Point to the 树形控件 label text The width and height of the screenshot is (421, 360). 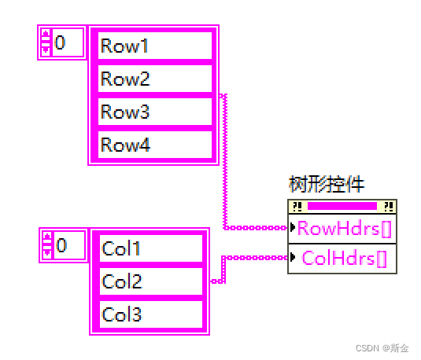[x=327, y=186]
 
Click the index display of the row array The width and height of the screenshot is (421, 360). [x=68, y=41]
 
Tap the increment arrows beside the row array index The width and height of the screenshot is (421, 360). [x=46, y=41]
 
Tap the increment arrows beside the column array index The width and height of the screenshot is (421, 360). [x=47, y=245]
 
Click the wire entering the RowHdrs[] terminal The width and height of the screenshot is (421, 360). [x=256, y=229]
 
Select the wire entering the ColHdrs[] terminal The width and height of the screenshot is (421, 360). [x=256, y=257]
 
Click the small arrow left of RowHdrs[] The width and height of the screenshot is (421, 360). [x=294, y=230]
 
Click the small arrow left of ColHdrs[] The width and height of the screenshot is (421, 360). [x=294, y=257]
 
